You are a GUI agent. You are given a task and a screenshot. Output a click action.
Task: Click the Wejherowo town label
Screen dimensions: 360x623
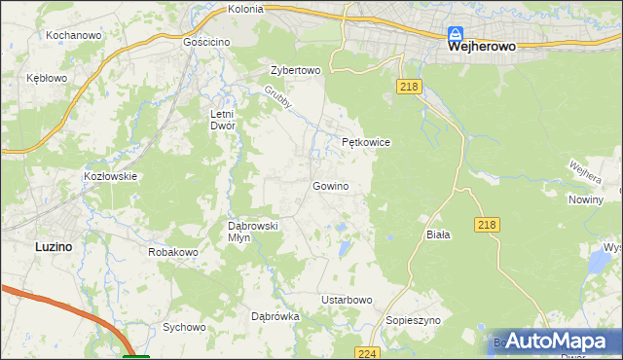point(480,46)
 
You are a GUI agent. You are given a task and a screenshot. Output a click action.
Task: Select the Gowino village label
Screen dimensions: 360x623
point(330,186)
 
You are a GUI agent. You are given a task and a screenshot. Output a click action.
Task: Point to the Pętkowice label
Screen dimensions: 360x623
point(366,142)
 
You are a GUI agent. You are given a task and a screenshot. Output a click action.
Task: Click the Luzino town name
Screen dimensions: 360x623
point(54,246)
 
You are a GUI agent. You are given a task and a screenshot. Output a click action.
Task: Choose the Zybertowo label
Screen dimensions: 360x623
point(295,71)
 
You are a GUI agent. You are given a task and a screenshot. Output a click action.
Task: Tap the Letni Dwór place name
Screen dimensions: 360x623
point(224,120)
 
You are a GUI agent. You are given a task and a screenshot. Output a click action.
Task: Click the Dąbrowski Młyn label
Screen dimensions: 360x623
point(253,232)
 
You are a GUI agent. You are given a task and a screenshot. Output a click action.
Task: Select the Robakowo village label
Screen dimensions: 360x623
point(173,252)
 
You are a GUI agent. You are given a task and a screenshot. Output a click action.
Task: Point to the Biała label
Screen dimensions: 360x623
point(438,234)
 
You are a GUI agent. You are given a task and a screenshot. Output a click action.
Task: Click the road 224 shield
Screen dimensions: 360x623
point(366,353)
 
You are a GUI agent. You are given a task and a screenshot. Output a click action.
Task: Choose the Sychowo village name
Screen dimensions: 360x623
point(185,328)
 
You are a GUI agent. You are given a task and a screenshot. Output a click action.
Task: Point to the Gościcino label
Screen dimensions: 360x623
point(206,44)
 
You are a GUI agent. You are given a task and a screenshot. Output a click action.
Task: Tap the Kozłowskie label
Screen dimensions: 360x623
point(111,176)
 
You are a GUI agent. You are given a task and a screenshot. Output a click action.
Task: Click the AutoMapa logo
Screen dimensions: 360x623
point(555,341)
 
